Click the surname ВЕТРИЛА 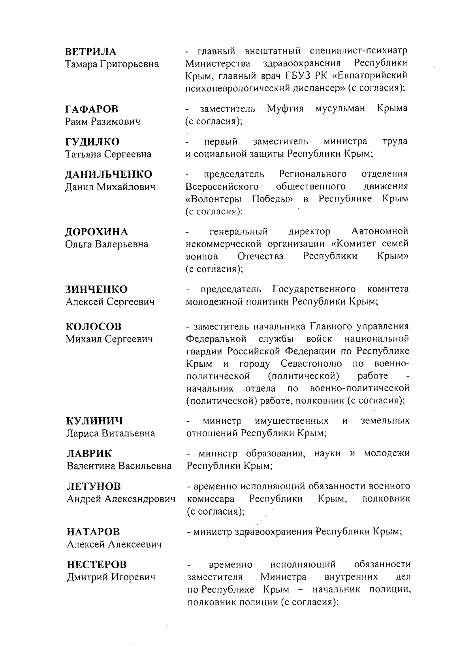click(91, 52)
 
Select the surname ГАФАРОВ click(92, 109)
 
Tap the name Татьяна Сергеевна click(108, 154)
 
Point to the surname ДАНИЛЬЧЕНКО click(109, 174)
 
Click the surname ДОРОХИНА click(96, 232)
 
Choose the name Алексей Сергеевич click(110, 302)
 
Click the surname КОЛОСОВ click(94, 327)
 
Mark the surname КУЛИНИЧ click(94, 420)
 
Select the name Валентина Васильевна click(119, 466)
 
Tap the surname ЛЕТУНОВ click(94, 486)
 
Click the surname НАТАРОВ click(93, 532)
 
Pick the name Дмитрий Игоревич click(111, 577)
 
